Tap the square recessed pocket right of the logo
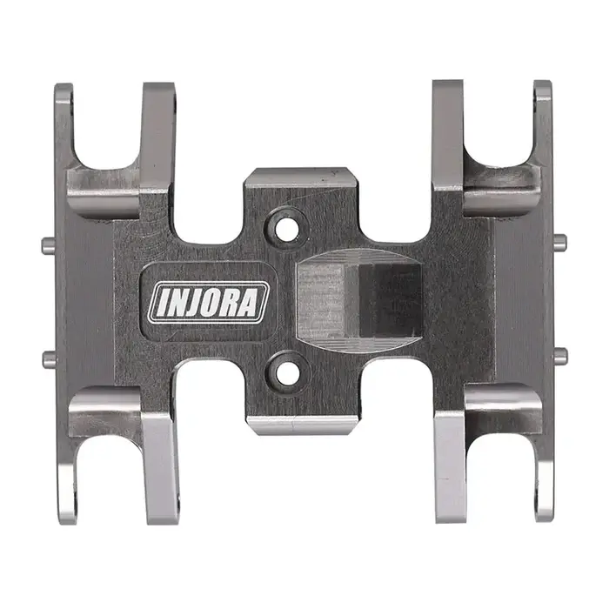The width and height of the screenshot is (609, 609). [x=359, y=300]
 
